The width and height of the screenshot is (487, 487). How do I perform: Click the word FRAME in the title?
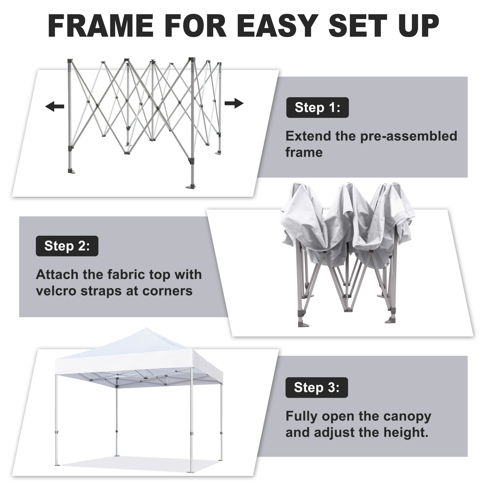[101, 26]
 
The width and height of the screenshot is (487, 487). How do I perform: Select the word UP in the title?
[418, 26]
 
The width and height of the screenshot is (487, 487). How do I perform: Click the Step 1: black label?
[317, 108]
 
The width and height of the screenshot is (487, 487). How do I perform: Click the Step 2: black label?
[67, 246]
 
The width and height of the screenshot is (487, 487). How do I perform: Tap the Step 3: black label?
[317, 387]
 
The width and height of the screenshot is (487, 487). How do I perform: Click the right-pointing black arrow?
[234, 103]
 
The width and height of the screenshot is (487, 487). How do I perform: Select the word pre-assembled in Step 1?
[408, 136]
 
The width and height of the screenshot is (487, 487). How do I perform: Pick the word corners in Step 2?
[167, 291]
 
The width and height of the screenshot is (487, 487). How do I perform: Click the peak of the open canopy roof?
[146, 329]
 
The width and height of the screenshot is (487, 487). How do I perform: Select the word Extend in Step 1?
[308, 136]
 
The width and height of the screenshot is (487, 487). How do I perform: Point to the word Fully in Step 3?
[301, 416]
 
